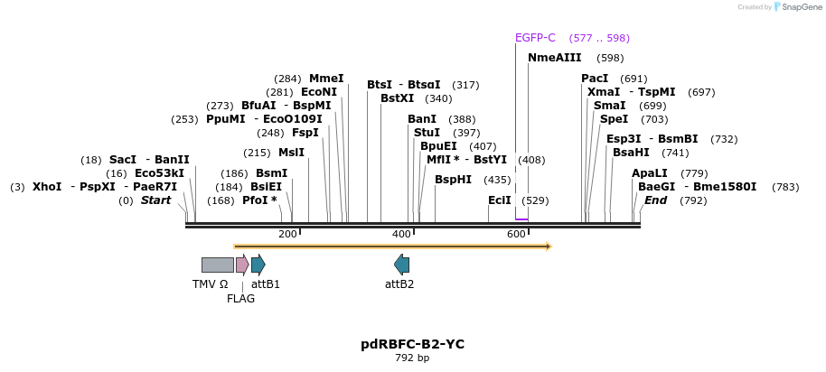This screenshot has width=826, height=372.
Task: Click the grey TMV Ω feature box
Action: [217, 265]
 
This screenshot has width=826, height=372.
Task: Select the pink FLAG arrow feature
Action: [241, 265]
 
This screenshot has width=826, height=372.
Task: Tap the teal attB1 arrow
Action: [258, 265]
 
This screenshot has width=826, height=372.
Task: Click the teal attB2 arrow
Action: [401, 265]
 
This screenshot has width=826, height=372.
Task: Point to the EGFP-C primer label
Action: [535, 38]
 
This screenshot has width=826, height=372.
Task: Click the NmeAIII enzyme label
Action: [554, 58]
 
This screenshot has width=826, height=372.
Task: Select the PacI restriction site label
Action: [594, 79]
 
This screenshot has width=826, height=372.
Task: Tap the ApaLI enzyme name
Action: [650, 173]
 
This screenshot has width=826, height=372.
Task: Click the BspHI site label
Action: [453, 180]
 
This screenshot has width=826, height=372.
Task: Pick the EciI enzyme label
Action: [499, 200]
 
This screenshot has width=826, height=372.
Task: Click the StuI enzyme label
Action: [427, 133]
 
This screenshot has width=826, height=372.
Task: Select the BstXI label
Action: [397, 98]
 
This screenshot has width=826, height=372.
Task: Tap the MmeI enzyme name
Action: [326, 79]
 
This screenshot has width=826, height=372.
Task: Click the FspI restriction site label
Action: [305, 133]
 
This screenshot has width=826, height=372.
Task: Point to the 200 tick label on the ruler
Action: [287, 235]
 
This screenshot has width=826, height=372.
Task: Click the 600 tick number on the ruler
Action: [516, 235]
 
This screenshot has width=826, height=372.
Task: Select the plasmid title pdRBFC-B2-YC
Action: [412, 345]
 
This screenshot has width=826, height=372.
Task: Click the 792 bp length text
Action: [412, 358]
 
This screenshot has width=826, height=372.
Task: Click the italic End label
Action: [655, 200]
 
